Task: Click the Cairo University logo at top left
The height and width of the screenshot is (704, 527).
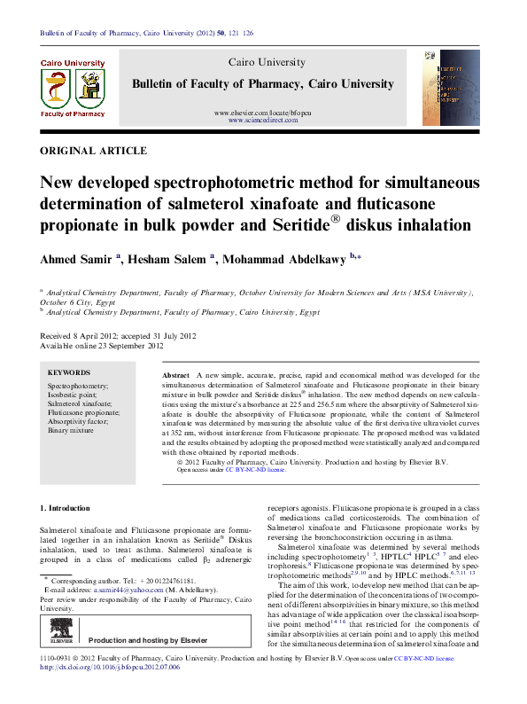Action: pos(74,88)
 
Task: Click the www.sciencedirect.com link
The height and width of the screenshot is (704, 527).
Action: pos(263,120)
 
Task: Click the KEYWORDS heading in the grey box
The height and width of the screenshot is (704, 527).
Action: pos(68,373)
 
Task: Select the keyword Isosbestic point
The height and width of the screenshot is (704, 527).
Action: pos(77,395)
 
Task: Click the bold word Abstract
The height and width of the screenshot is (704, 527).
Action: pos(177,377)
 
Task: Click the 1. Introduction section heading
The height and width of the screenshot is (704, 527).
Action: pos(66,508)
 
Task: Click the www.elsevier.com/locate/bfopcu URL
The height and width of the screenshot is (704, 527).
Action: pos(263,113)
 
